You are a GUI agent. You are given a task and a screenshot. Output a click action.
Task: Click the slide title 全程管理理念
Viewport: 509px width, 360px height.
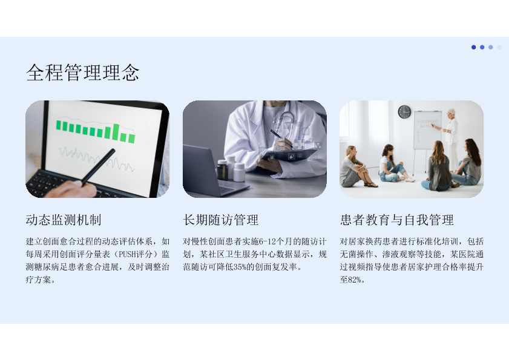tap(82, 72)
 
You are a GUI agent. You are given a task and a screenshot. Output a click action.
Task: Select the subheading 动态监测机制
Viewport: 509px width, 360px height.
tap(64, 220)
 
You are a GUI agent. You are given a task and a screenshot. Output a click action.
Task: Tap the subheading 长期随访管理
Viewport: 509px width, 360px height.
tap(221, 220)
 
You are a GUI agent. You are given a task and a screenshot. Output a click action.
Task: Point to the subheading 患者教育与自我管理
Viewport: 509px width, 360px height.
tap(396, 220)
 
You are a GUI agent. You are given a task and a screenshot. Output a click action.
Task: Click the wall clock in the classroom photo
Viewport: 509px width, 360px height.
tap(404, 112)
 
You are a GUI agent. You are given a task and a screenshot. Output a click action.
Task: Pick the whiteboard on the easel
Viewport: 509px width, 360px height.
tap(427, 130)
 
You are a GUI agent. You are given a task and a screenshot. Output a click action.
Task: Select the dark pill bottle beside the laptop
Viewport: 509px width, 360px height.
tap(222, 169)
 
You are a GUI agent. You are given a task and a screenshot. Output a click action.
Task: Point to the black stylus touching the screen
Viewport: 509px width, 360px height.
tap(98, 167)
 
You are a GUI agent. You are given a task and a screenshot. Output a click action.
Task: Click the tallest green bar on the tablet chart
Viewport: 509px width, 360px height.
tap(116, 132)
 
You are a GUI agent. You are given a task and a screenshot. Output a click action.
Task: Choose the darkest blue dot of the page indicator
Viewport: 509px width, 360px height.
tap(474, 47)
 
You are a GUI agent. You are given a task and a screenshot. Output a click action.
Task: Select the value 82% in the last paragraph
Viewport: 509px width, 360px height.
tap(355, 280)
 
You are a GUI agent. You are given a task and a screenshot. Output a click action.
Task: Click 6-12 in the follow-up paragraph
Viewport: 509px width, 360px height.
tap(267, 242)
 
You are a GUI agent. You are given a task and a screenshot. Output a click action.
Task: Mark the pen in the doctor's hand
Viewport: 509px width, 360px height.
tap(281, 139)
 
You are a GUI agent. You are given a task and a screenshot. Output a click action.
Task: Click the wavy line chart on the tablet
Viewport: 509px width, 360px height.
tap(96, 157)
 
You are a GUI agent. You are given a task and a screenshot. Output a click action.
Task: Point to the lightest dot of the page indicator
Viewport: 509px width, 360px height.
tap(499, 47)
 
